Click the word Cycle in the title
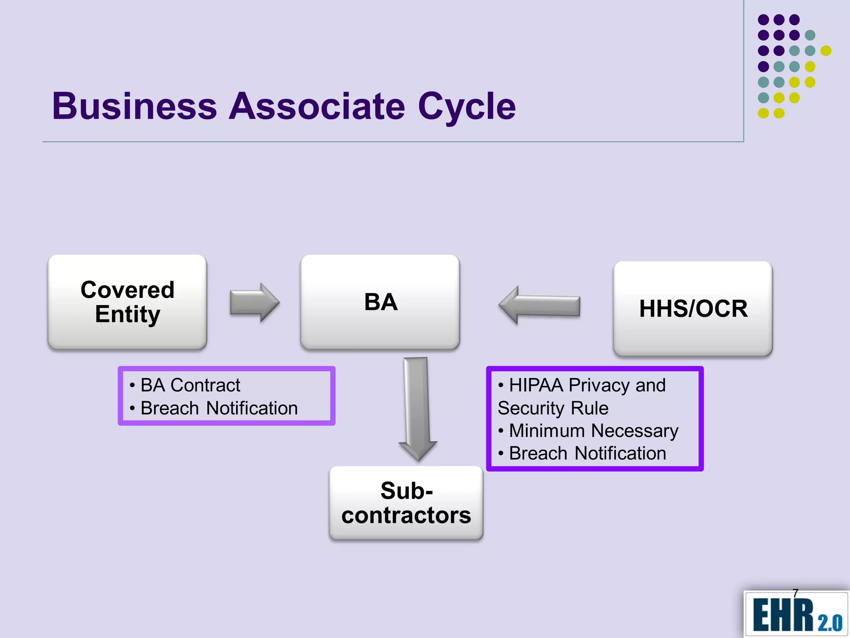pos(467,106)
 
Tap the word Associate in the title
pos(317,106)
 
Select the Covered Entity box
pos(127,302)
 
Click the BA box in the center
pos(380,302)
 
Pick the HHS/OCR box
pos(693,309)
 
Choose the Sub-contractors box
pos(406,503)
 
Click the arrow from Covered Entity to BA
pos(254,302)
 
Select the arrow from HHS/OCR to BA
pos(539,305)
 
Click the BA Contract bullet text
pos(190,385)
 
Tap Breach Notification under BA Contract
pos(219,408)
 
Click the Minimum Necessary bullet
pos(594,431)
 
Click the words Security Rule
pos(553,408)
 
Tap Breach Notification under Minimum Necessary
pos(587,453)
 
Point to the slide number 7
pos(795,593)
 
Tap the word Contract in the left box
pos(205,385)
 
